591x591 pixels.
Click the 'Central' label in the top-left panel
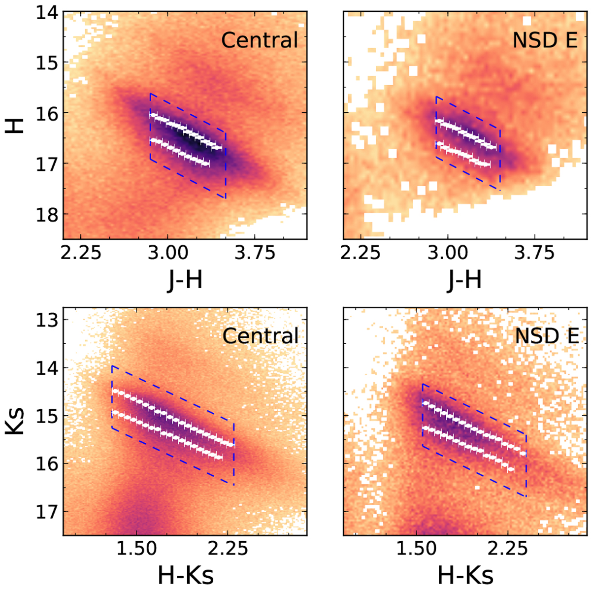tap(260, 40)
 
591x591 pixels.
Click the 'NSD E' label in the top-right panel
tap(545, 40)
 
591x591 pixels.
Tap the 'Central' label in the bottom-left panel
tap(260, 336)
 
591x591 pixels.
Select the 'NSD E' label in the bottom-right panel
tap(546, 336)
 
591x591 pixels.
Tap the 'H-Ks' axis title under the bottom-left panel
tap(186, 574)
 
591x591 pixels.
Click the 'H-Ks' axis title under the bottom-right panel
tap(465, 574)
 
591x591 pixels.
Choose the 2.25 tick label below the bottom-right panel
tap(512, 549)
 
